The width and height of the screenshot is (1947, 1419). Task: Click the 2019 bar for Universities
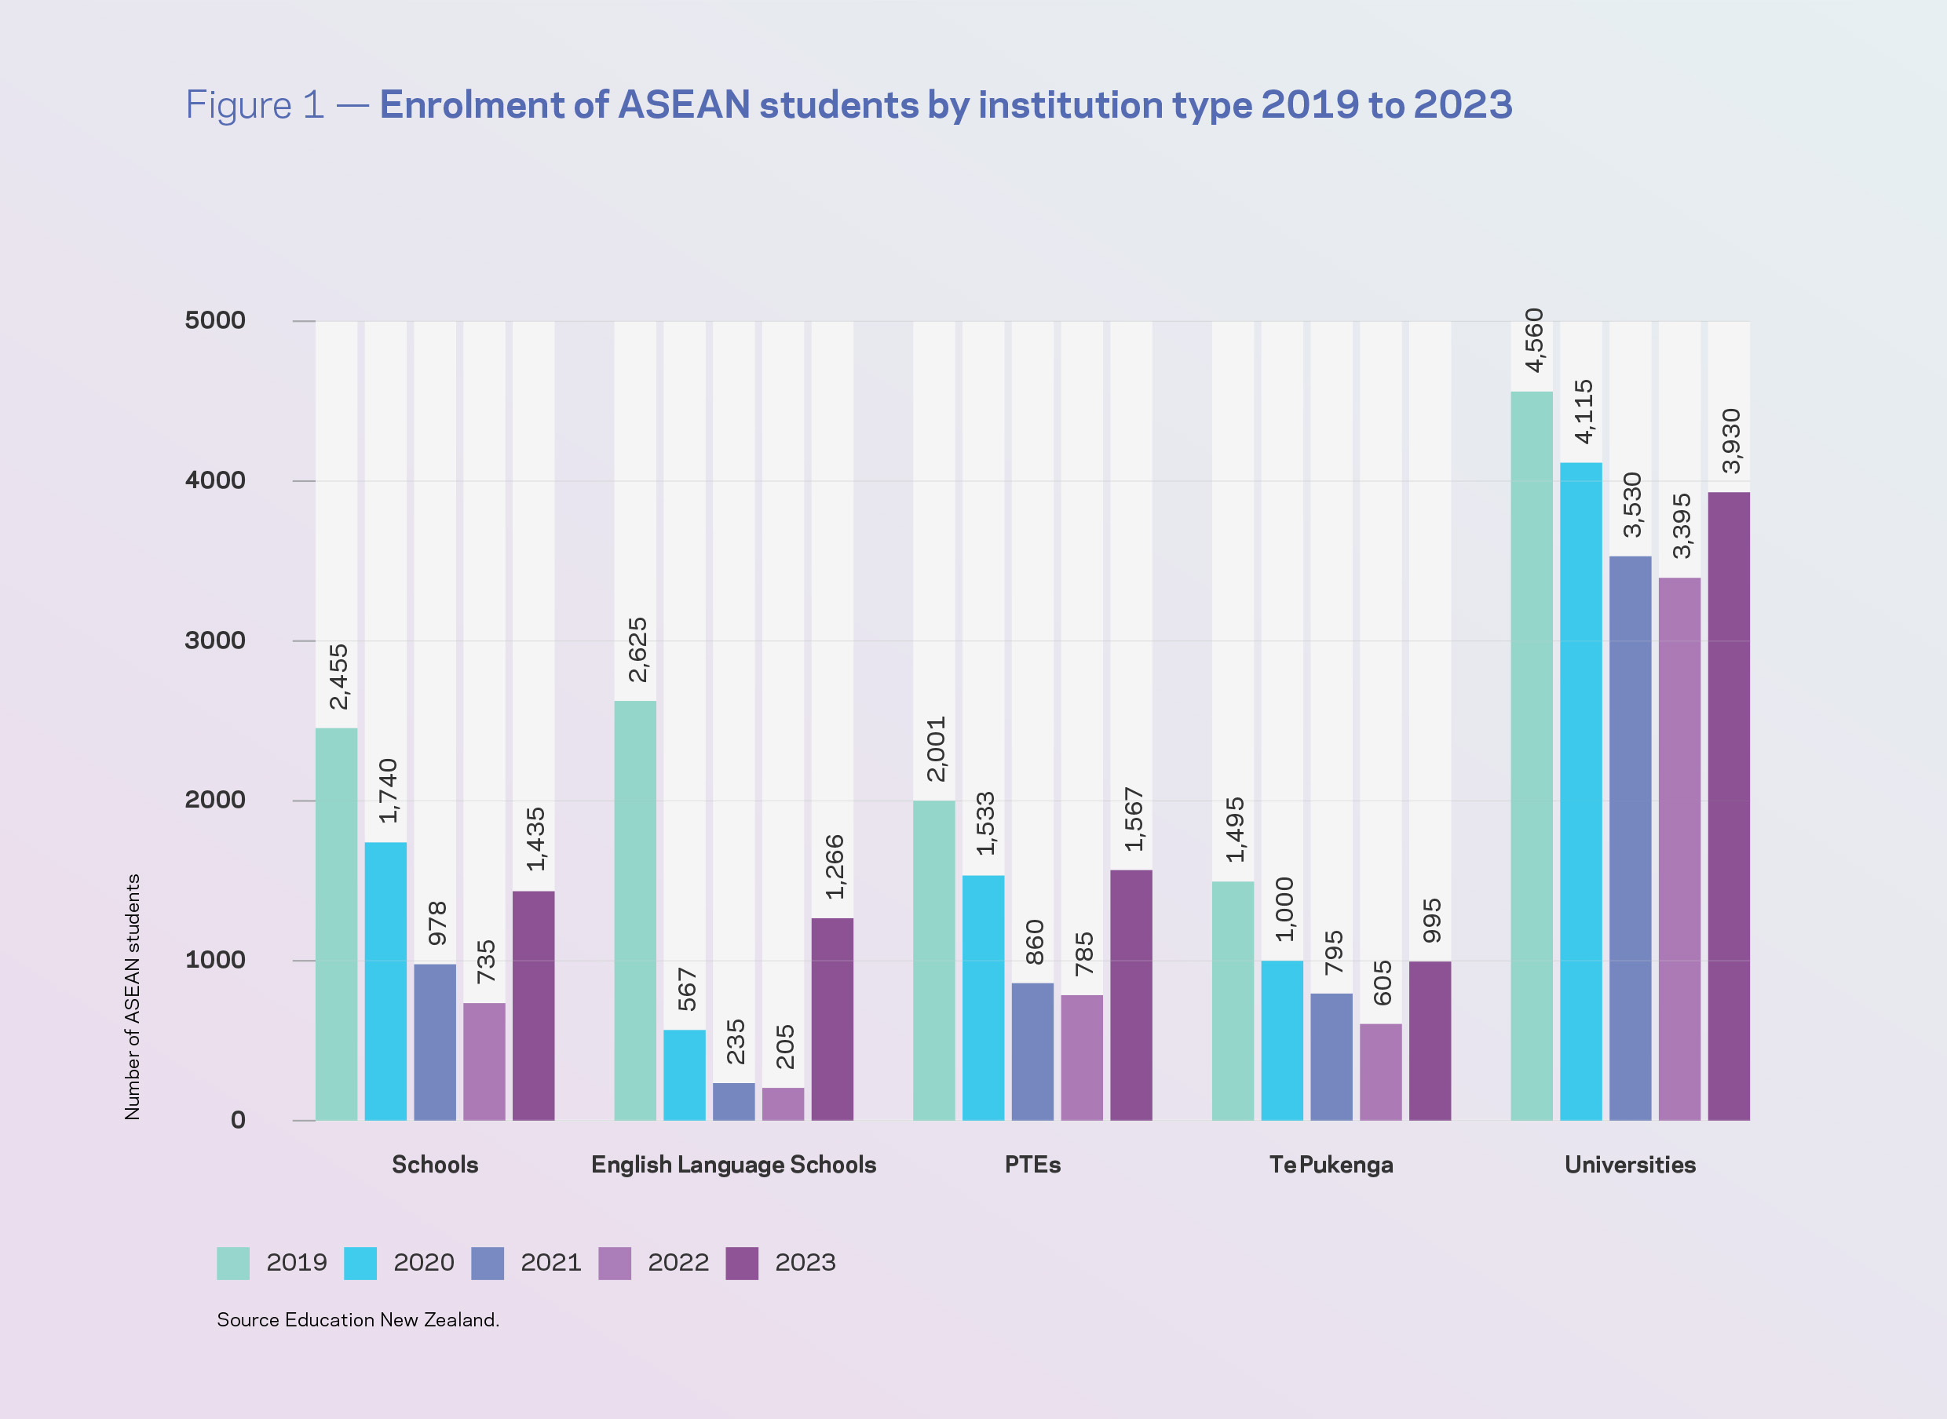click(x=1531, y=756)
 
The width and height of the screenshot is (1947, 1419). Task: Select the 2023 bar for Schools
click(x=534, y=1005)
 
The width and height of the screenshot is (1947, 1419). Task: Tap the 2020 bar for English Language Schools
click(x=684, y=1074)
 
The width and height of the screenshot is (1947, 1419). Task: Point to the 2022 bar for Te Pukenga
click(x=1380, y=1071)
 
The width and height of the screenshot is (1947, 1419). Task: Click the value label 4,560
click(x=1534, y=340)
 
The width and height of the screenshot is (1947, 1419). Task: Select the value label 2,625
click(x=637, y=649)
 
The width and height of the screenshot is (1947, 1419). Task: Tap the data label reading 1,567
click(x=1134, y=819)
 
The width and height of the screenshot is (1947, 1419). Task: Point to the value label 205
click(x=785, y=1046)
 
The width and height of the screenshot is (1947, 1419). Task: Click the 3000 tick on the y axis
click(x=215, y=640)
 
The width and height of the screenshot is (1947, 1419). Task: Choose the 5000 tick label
click(x=215, y=320)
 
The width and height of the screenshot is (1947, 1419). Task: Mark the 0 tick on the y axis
click(x=238, y=1120)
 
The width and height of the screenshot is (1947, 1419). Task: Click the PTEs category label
click(x=1033, y=1165)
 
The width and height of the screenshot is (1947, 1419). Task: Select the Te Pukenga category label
click(x=1331, y=1165)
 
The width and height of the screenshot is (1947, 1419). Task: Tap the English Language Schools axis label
click(x=734, y=1165)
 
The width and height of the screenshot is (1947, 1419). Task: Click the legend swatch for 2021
click(x=488, y=1264)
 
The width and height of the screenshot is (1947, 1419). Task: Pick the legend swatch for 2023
click(x=742, y=1264)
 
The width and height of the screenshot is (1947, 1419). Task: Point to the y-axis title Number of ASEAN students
click(x=133, y=997)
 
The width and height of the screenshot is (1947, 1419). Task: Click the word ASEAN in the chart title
click(x=684, y=105)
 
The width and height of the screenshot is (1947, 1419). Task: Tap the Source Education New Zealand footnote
click(x=357, y=1320)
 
